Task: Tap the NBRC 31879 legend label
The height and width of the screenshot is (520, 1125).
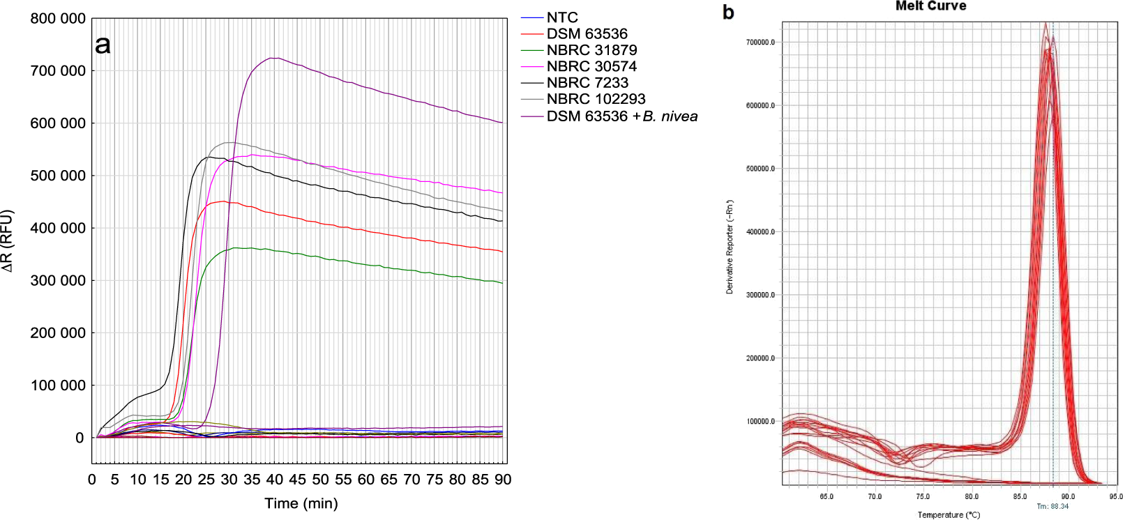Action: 591,50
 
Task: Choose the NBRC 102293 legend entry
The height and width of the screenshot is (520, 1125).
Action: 596,99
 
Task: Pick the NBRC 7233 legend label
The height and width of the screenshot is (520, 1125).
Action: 587,83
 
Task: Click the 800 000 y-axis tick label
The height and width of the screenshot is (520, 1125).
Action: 58,19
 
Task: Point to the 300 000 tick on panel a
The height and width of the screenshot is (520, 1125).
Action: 58,281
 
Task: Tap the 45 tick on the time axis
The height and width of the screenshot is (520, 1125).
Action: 297,480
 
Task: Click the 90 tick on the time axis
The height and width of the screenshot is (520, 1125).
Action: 503,480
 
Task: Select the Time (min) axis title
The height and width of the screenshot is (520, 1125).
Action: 301,503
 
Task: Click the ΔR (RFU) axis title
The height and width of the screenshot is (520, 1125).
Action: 8,240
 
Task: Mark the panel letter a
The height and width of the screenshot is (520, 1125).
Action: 103,45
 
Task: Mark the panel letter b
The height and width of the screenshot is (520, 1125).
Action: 728,13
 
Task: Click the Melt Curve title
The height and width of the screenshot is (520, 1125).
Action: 930,6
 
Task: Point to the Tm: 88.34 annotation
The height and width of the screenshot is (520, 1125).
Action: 1052,506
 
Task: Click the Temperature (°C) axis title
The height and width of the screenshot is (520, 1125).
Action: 949,515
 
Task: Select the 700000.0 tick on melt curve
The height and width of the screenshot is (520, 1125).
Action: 760,43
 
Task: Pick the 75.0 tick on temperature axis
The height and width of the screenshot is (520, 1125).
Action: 923,497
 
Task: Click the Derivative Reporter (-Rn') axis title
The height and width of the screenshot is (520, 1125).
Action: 730,247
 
